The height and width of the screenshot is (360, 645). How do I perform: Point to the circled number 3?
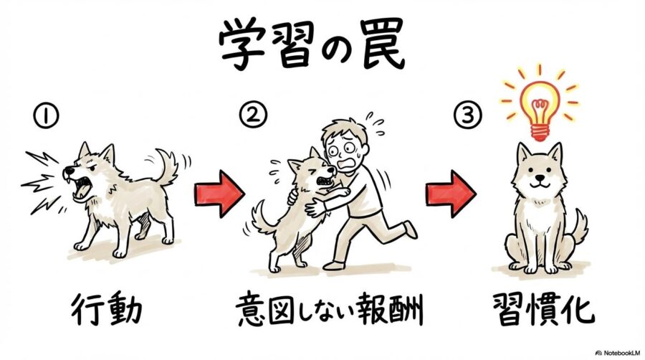[462, 114]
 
